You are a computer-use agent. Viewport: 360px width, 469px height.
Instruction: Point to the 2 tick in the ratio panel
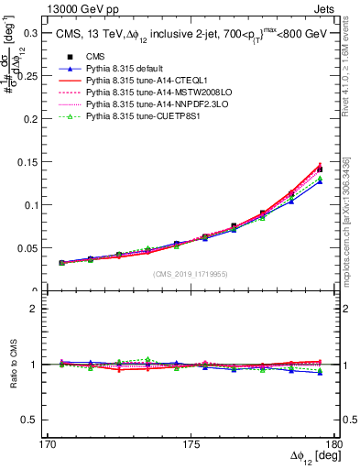(45, 309)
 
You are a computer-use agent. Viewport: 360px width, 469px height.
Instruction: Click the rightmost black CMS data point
(319, 169)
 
